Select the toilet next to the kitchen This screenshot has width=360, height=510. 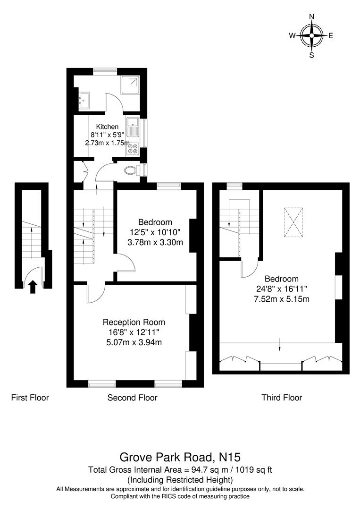(x=130, y=170)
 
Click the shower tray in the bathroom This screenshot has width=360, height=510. (x=131, y=85)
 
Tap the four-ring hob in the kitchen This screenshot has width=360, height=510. (x=132, y=149)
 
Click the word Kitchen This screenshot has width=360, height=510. (x=107, y=127)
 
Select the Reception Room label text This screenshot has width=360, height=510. (x=134, y=322)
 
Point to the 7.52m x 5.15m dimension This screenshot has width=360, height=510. (x=281, y=298)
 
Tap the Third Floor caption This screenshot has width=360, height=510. (x=282, y=398)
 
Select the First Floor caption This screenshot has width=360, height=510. (x=30, y=398)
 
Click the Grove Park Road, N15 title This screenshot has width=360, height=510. (x=180, y=457)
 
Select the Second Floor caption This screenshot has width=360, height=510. (x=132, y=398)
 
